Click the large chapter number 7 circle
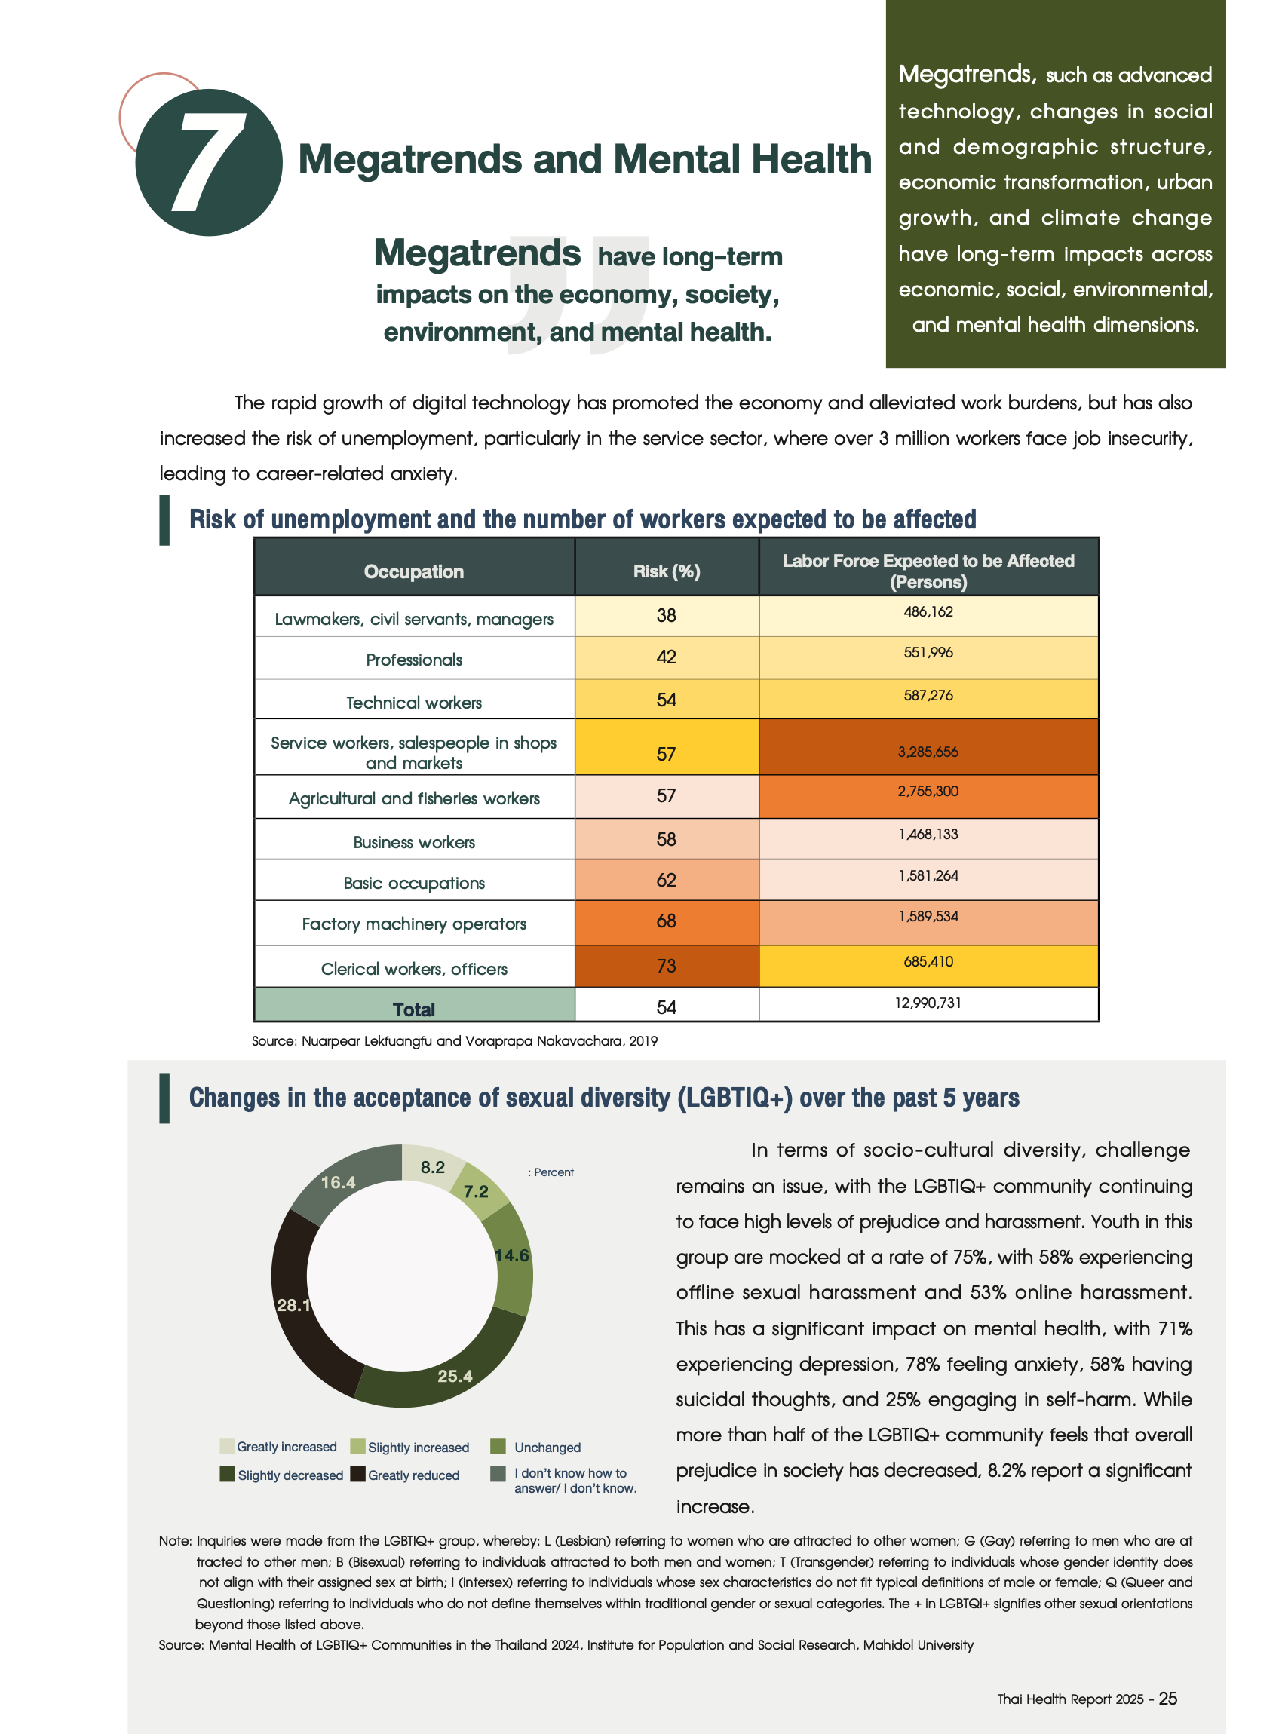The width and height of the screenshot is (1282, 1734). click(x=208, y=162)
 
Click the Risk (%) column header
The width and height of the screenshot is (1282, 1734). click(x=666, y=571)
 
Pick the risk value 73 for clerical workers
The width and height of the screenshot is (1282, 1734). click(x=666, y=966)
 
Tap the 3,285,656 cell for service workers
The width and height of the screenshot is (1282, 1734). click(x=928, y=752)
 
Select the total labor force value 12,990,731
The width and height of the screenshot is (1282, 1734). click(x=928, y=1003)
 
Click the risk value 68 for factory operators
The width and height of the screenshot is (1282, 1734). click(x=666, y=921)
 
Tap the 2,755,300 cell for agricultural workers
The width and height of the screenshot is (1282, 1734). click(x=928, y=792)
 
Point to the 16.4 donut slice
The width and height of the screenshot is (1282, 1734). click(x=342, y=1183)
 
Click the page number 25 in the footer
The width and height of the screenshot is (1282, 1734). click(x=1167, y=1699)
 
